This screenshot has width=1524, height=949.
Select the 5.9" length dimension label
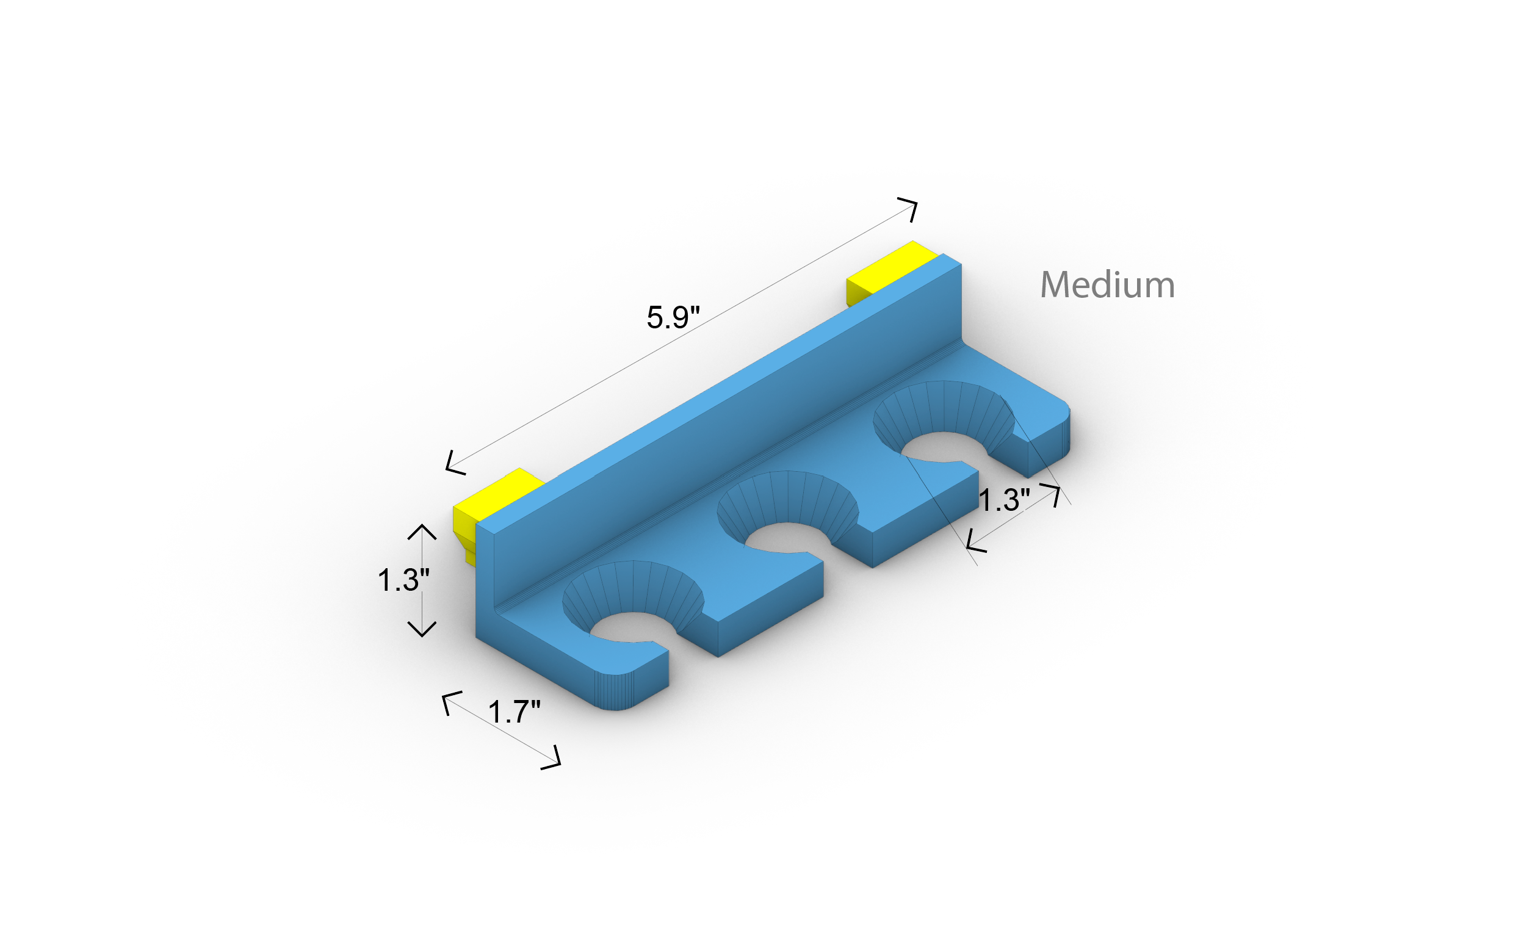673,317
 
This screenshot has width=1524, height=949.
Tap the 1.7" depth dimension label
514,712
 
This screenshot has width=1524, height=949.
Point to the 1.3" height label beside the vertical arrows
403,580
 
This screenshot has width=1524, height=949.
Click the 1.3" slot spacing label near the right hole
1004,500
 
